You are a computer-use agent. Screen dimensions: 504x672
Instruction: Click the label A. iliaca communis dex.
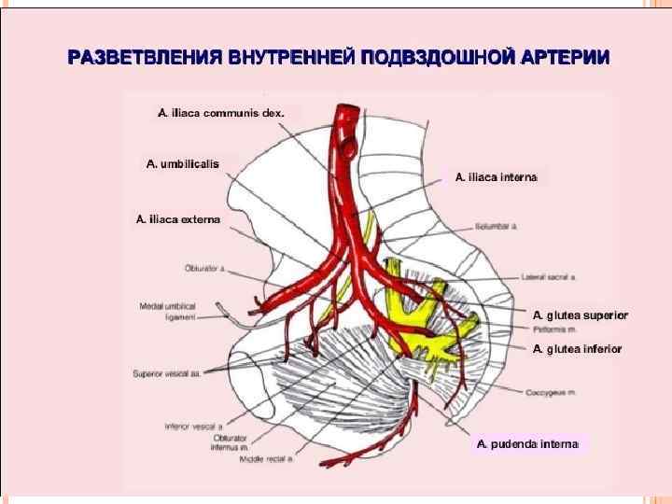(219, 113)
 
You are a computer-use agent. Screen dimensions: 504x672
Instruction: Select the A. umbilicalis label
(183, 163)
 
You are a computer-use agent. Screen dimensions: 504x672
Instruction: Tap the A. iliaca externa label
(178, 220)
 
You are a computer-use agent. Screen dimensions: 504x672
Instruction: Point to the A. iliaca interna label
(496, 176)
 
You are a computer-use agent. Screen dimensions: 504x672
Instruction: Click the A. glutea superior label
(580, 315)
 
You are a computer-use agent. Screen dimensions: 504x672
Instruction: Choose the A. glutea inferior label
(576, 349)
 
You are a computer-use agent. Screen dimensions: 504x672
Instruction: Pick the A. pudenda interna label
(528, 444)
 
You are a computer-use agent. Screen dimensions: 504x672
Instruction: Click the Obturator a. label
(204, 268)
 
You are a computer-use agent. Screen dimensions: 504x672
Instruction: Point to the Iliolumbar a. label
(496, 226)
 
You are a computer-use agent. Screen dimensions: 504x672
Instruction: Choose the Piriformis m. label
(553, 329)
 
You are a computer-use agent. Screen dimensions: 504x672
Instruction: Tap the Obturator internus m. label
(230, 441)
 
